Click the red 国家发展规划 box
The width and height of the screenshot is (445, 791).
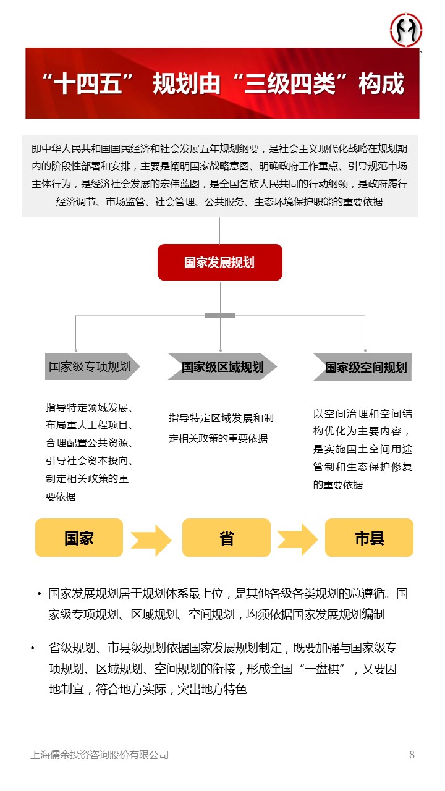[x=219, y=262]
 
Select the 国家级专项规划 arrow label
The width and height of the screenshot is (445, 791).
[x=90, y=366]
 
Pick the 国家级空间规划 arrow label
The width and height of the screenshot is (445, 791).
[x=365, y=368]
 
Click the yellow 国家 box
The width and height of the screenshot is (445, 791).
[x=79, y=538]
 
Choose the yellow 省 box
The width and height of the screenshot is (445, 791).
[x=226, y=538]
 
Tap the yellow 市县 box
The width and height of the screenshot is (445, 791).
[x=369, y=538]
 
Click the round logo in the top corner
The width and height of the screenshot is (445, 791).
[x=406, y=30]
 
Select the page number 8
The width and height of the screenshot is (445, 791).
[x=412, y=755]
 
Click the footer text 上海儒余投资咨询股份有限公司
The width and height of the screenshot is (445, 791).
[x=100, y=755]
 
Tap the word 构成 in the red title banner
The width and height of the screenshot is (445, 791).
[x=381, y=83]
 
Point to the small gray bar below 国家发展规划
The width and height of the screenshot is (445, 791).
[x=220, y=315]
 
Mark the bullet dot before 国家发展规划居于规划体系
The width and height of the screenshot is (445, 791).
[x=40, y=594]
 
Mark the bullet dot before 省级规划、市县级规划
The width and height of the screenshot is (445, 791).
[x=32, y=648]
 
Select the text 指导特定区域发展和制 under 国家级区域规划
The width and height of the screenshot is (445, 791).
[x=221, y=418]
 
